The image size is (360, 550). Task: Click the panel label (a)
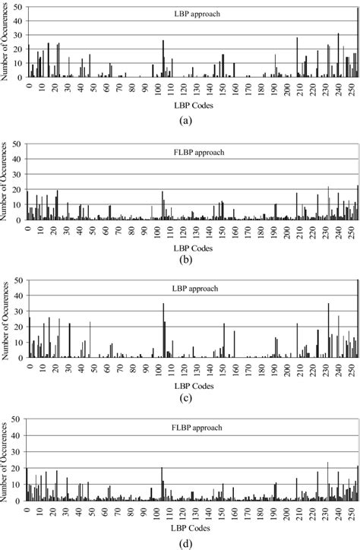(186, 120)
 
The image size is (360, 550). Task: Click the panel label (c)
(186, 397)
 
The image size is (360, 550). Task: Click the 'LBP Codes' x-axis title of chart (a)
(187, 106)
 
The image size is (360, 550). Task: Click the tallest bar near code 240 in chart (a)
(339, 55)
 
